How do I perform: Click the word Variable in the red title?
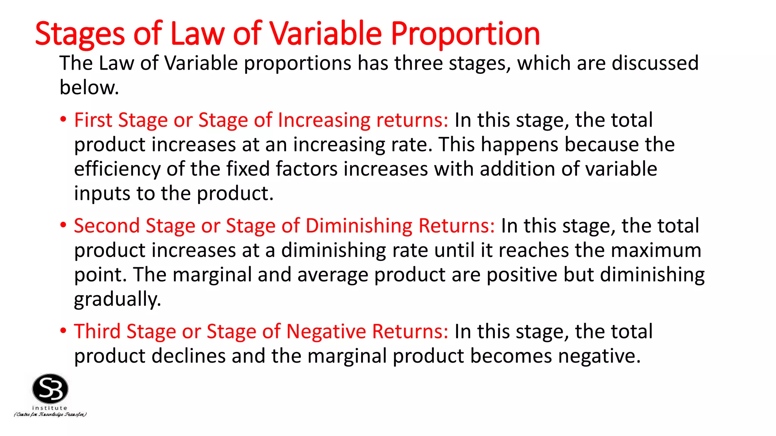click(x=326, y=34)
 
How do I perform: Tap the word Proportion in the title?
click(x=465, y=34)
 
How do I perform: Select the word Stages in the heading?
click(x=80, y=34)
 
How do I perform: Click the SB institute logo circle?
click(x=50, y=389)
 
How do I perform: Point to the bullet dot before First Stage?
click(x=63, y=120)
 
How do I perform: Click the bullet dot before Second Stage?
click(x=63, y=225)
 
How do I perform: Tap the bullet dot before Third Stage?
click(x=63, y=331)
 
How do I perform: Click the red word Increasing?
click(x=324, y=120)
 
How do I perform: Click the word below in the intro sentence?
click(x=89, y=87)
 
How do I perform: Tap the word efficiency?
click(x=117, y=169)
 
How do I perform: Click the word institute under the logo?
click(x=50, y=408)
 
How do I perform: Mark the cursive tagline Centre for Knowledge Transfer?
click(x=50, y=414)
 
